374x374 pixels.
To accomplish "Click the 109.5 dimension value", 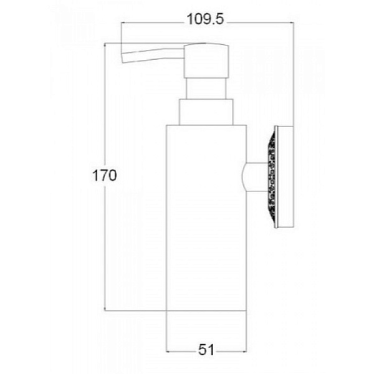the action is (205, 19).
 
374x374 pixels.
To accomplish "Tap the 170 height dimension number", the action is (105, 176).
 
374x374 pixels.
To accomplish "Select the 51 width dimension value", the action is (206, 350).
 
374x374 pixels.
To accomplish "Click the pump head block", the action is (206, 61).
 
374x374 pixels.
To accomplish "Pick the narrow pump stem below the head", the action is (206, 89).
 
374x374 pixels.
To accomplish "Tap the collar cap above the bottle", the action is (206, 112).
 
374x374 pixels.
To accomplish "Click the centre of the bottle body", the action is (206, 218).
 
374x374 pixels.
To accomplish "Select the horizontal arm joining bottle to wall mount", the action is (256, 177).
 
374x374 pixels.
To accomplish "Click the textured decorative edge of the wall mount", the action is (271, 177).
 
